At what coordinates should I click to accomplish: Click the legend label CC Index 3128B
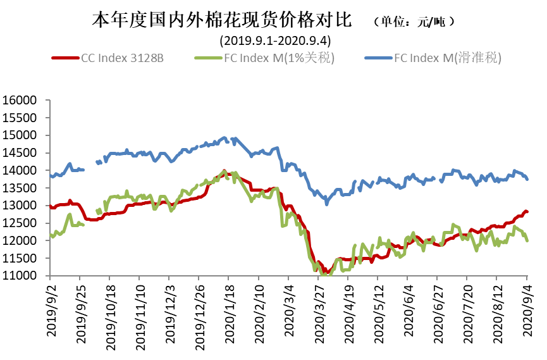point(122,58)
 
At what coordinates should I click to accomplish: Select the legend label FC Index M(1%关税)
point(279,58)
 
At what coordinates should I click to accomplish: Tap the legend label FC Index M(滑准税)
point(448,58)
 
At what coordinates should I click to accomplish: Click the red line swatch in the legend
point(65,58)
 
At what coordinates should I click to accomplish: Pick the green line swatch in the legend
point(209,58)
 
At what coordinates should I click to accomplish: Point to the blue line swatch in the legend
point(378,58)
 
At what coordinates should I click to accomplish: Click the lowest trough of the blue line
point(327,204)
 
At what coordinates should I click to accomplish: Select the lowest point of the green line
point(324,275)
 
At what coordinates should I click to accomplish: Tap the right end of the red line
point(527,211)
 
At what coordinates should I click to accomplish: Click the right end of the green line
point(527,240)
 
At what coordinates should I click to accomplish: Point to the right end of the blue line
point(527,180)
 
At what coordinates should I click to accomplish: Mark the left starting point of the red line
point(50,206)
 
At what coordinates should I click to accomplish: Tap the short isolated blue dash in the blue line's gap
point(99,163)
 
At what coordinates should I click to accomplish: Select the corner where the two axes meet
point(49,276)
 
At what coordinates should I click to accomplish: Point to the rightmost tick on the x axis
point(527,278)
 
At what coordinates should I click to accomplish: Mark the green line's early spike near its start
point(69,214)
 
